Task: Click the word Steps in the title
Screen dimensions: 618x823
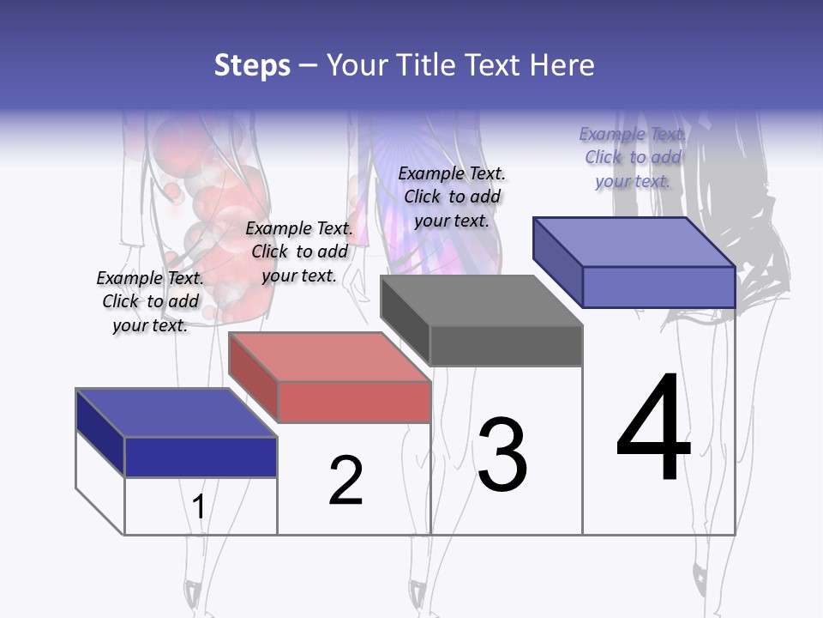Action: click(252, 65)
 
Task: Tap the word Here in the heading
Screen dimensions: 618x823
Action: click(562, 65)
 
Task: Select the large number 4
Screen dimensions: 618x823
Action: click(653, 428)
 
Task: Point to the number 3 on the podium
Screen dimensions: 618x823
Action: click(502, 455)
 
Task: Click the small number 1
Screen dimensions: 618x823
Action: click(199, 507)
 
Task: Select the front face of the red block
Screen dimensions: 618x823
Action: click(354, 402)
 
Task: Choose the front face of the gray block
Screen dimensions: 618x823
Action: click(506, 345)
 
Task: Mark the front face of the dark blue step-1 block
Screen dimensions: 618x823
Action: click(201, 457)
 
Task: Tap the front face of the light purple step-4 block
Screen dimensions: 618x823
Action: click(658, 287)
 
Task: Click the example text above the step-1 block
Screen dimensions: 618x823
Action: click(150, 301)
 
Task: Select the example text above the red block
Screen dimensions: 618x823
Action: click(299, 251)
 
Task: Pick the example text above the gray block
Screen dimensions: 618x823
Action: click(452, 197)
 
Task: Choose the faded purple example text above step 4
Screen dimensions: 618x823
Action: click(633, 157)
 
